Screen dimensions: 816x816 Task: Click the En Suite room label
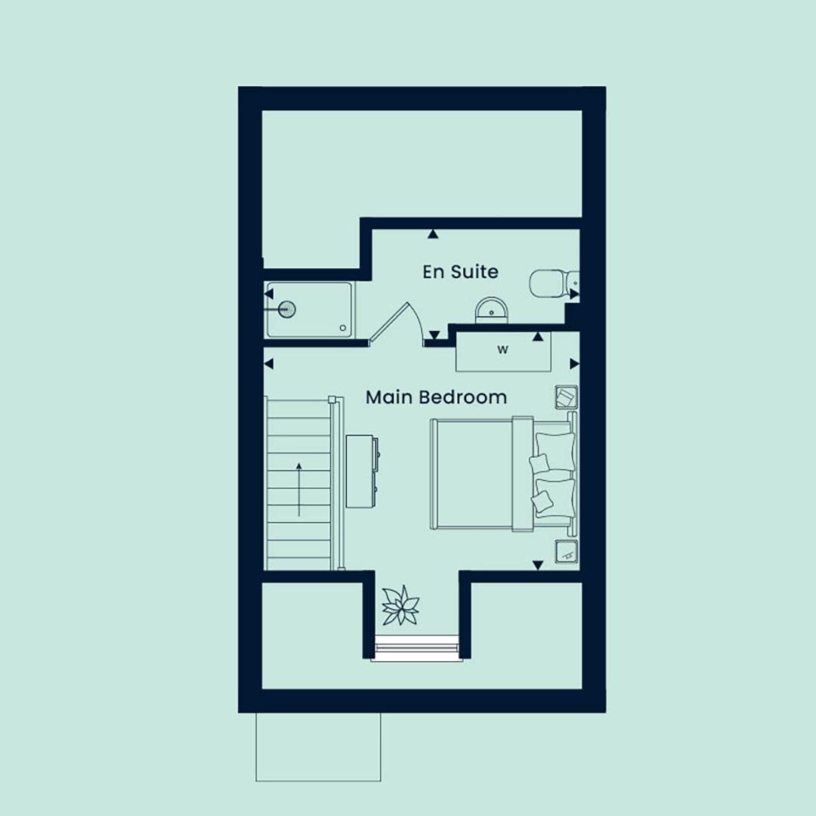(460, 272)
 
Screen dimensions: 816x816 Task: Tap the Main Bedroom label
(436, 397)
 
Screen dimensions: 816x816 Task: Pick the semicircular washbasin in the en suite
(491, 311)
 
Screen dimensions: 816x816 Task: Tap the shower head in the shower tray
(285, 309)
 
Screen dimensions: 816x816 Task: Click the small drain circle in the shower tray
(343, 328)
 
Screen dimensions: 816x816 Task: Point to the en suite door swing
(399, 323)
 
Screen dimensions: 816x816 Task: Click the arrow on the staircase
(298, 489)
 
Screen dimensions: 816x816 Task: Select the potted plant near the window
(400, 605)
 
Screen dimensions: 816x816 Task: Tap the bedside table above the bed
(566, 398)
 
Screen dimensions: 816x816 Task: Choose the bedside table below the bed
(566, 552)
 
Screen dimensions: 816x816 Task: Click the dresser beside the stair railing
(362, 471)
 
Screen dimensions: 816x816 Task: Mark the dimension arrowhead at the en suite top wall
(433, 235)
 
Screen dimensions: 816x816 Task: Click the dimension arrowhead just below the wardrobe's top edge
(538, 337)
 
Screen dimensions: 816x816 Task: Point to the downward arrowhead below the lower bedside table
(538, 565)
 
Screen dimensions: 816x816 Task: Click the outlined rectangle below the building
(318, 746)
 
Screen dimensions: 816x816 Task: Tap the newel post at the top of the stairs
(332, 400)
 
